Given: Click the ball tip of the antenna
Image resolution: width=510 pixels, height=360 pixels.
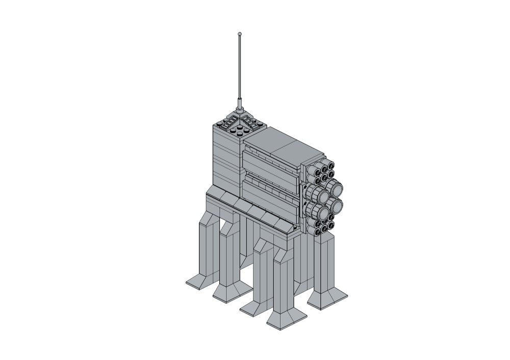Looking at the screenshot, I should (x=240, y=34).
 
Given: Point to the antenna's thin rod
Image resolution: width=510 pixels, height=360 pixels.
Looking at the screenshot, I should (x=240, y=66).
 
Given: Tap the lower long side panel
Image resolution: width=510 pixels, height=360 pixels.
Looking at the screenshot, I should (x=270, y=199).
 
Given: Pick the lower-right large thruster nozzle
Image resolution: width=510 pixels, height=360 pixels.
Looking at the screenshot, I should (x=335, y=205).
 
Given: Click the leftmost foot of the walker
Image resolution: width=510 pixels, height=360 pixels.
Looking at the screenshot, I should (x=198, y=281).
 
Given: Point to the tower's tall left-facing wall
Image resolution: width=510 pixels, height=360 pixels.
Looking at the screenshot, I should (x=225, y=158).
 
